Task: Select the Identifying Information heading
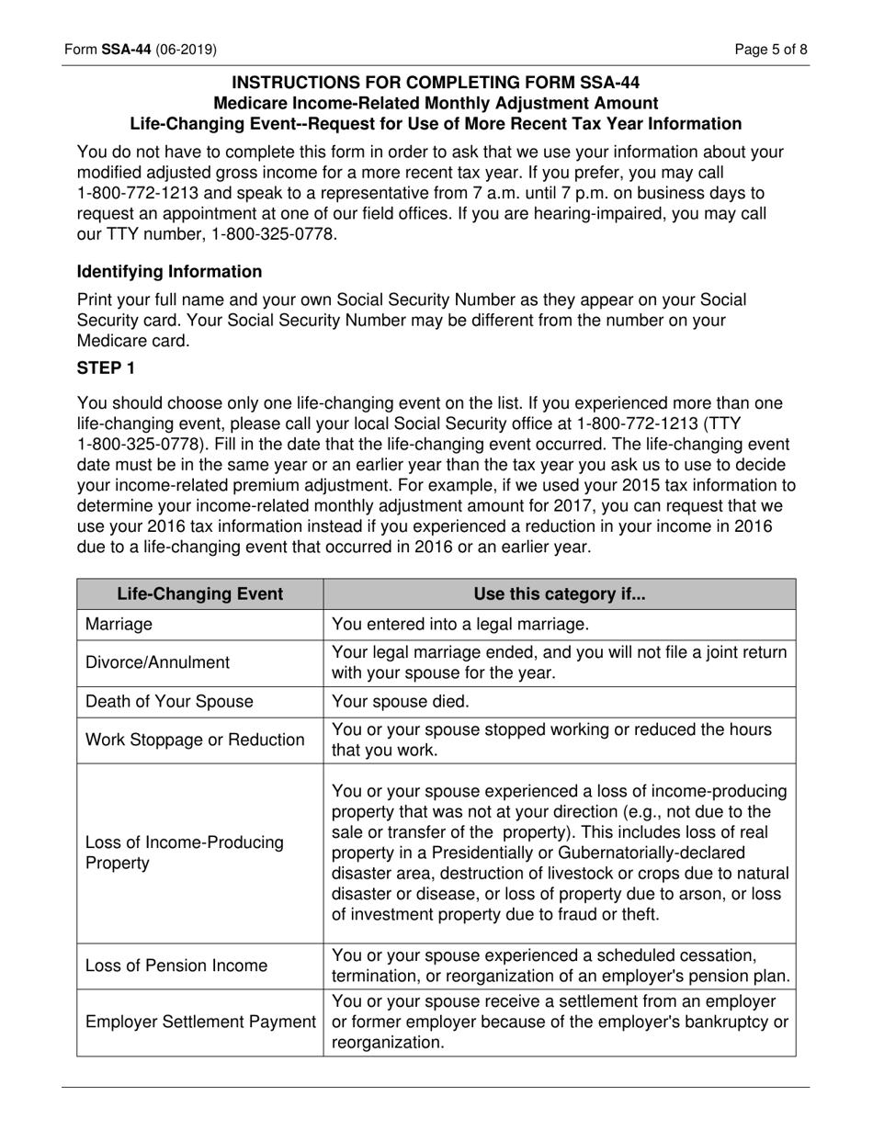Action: click(x=169, y=272)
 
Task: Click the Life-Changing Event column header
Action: click(x=199, y=593)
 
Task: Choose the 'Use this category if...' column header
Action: click(x=559, y=593)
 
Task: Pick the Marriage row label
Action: click(x=119, y=625)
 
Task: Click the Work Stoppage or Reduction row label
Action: click(x=195, y=740)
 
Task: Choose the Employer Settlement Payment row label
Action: click(x=200, y=1022)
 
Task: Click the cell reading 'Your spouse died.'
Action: click(x=400, y=702)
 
